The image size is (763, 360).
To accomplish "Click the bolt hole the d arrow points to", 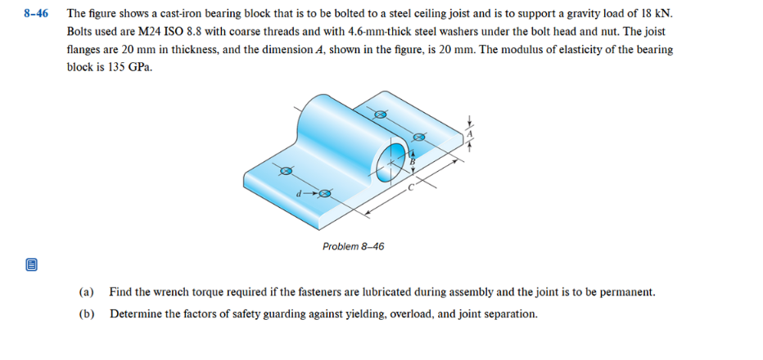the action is point(325,194).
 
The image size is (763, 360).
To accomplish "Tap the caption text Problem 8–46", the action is point(353,246).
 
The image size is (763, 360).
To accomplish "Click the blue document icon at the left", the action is point(31,265).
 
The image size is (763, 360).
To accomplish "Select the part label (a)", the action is point(86,292).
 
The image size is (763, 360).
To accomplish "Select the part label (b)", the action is point(86,313).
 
